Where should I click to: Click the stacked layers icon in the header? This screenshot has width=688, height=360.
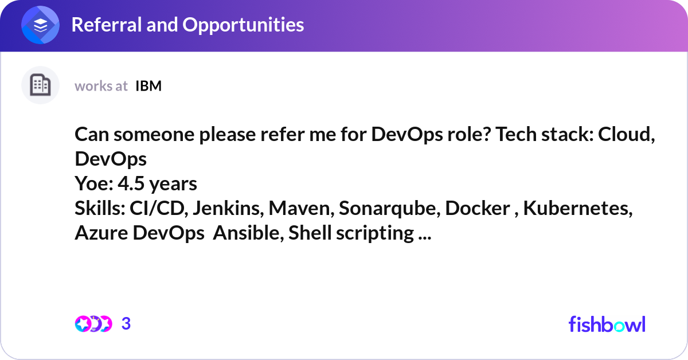[40, 25]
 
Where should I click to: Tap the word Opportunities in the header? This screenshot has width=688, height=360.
[243, 25]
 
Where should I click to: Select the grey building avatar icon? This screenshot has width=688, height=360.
[40, 85]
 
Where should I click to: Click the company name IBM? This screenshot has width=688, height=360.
[148, 86]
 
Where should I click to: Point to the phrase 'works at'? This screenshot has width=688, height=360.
[101, 86]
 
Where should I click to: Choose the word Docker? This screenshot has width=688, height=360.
[477, 208]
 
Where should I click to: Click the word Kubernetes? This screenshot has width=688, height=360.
[577, 208]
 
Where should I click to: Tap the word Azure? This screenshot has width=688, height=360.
[101, 233]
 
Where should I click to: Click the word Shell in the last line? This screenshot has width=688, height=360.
[310, 233]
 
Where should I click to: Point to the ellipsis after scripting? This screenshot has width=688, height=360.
[425, 238]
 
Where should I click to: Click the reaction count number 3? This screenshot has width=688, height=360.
[126, 324]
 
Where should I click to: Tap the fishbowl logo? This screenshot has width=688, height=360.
[607, 324]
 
